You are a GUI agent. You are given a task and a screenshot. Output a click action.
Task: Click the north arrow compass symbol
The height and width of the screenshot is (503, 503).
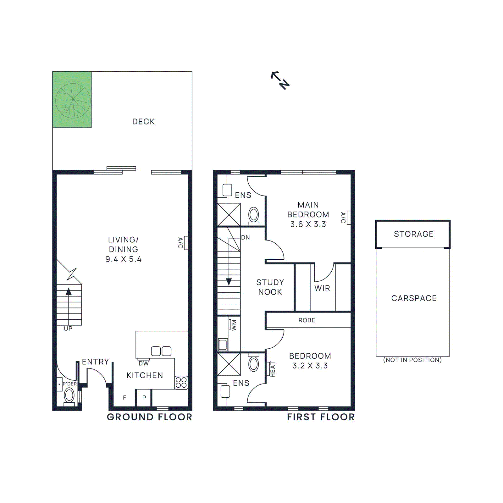tap(280, 80)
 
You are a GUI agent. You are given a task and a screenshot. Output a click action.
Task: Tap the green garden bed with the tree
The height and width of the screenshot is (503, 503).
tap(72, 100)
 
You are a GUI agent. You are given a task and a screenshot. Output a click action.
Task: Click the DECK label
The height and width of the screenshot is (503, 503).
tap(143, 122)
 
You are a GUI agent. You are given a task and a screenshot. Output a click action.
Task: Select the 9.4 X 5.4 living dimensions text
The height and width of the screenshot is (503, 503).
tap(123, 259)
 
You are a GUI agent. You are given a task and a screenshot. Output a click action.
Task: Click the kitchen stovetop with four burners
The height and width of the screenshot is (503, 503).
tap(181, 383)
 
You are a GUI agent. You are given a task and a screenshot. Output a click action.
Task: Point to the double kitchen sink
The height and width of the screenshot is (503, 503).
tap(161, 351)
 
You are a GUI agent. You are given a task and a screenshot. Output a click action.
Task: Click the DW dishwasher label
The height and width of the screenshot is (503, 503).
tap(144, 363)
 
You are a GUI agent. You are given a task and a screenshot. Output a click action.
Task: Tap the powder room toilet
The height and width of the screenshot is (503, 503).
tap(69, 395)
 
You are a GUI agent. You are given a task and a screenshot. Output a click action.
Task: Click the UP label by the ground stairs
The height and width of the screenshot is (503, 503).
tap(68, 329)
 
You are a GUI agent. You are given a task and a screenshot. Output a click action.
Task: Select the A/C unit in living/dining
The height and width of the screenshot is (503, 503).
tap(185, 243)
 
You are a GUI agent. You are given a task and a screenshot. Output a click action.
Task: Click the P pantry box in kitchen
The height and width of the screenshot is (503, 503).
tap(144, 398)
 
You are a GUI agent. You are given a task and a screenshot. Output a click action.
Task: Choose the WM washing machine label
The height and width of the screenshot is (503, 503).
tap(234, 325)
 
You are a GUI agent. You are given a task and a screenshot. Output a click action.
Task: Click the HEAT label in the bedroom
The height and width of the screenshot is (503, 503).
tap(273, 369)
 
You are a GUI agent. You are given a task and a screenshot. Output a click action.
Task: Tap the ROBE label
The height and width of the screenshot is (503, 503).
tap(307, 320)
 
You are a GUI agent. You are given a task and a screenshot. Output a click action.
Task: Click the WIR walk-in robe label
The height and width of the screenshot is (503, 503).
tap(322, 288)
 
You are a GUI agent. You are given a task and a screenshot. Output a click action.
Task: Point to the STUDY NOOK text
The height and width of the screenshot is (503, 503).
tap(270, 287)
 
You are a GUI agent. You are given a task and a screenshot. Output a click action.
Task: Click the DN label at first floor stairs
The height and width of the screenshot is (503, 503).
tap(246, 238)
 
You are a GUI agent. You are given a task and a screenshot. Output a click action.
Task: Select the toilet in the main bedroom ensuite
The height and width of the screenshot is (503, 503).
tap(253, 215)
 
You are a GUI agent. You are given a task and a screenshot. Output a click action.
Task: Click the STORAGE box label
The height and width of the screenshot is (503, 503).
tap(413, 234)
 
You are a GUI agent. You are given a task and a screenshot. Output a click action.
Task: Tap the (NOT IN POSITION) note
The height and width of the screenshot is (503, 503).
tap(412, 360)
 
